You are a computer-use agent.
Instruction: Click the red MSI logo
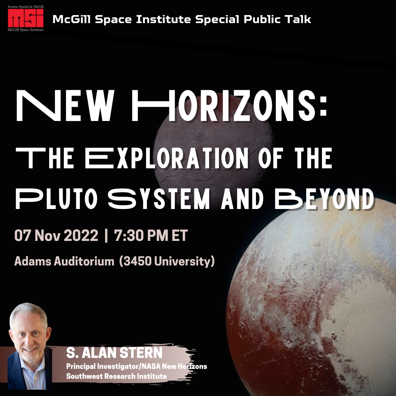tap(26, 18)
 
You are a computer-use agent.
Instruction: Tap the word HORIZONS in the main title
tap(229, 106)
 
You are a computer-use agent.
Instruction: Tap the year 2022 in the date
tap(81, 235)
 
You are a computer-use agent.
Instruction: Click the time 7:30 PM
tap(141, 235)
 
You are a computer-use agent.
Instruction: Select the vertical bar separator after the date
tap(106, 235)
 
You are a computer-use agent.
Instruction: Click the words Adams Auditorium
tap(64, 261)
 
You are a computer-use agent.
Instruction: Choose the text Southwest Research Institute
tap(117, 376)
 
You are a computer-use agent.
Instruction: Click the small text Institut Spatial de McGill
tap(26, 7)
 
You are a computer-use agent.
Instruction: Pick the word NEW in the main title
tap(65, 106)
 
